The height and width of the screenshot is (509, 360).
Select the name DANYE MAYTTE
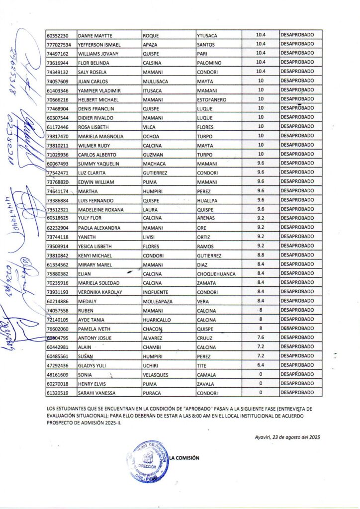pyautogui.click(x=95, y=36)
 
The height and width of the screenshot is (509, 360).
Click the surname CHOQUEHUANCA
pyautogui.click(x=216, y=273)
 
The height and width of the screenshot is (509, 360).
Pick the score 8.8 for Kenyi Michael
pyautogui.click(x=260, y=255)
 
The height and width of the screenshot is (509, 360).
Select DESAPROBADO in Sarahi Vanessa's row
pyautogui.click(x=297, y=392)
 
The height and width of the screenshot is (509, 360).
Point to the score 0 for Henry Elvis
pyautogui.click(x=260, y=383)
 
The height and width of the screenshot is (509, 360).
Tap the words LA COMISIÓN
pyautogui.click(x=184, y=458)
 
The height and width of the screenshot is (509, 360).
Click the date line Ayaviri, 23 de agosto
pyautogui.click(x=285, y=437)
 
